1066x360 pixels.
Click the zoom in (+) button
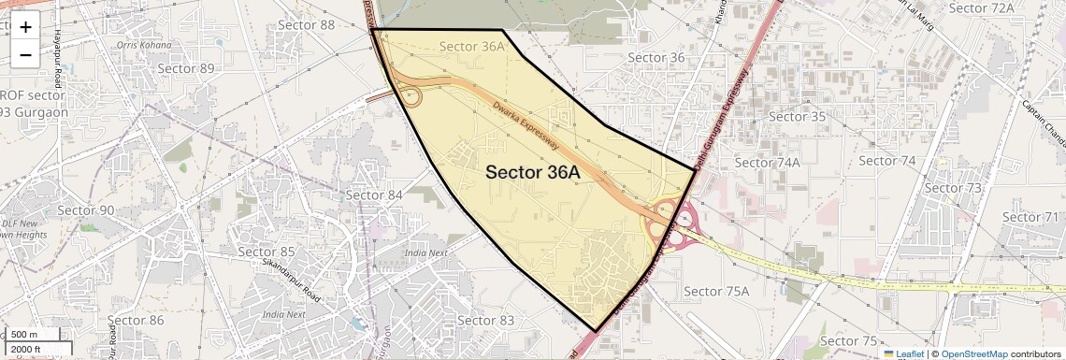pyautogui.click(x=25, y=27)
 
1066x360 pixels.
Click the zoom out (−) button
pyautogui.click(x=25, y=55)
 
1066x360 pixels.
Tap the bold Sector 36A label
pyautogui.click(x=533, y=172)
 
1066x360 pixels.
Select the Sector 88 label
pyautogui.click(x=306, y=25)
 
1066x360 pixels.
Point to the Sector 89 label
pyautogui.click(x=186, y=68)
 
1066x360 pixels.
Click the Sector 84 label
pyautogui.click(x=374, y=194)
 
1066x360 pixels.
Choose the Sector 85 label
pyautogui.click(x=266, y=252)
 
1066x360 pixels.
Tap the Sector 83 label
pyautogui.click(x=486, y=321)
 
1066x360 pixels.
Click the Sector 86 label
pyautogui.click(x=137, y=321)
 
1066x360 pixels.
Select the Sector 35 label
pyautogui.click(x=798, y=117)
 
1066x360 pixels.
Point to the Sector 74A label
pyautogui.click(x=768, y=162)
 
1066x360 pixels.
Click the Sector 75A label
pyautogui.click(x=717, y=291)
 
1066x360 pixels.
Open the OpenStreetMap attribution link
pyautogui.click(x=973, y=354)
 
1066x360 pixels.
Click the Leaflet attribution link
pyautogui.click(x=903, y=354)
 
